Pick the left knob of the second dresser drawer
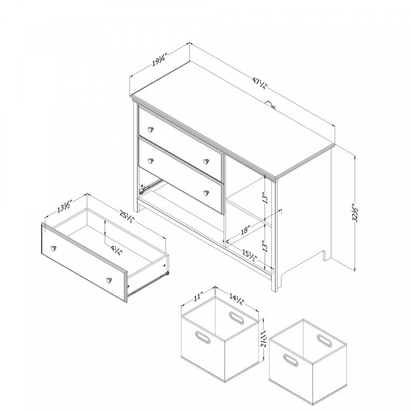coord(150,159)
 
